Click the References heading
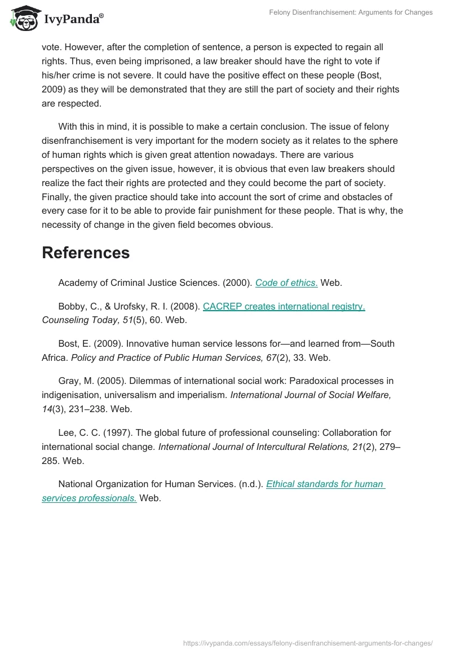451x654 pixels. [86, 253]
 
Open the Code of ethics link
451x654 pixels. [286, 283]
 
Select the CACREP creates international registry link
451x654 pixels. [284, 307]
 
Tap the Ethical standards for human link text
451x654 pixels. [325, 484]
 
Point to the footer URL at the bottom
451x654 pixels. [309, 643]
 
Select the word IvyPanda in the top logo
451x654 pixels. [73, 20]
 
